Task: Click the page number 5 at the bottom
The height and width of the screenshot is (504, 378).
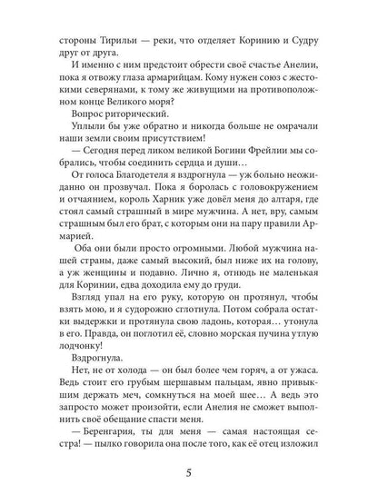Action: [x=189, y=474]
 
